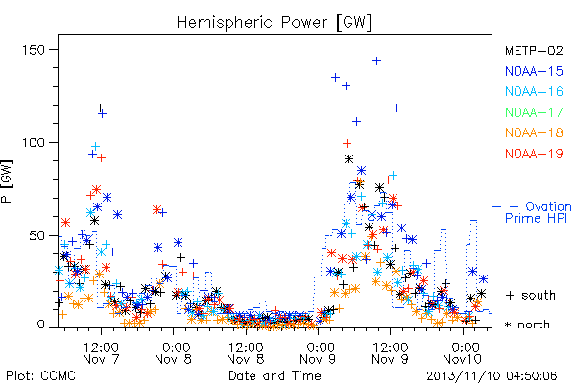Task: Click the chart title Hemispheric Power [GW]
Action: click(274, 22)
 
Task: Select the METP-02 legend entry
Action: click(534, 50)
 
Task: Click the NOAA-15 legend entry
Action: click(534, 71)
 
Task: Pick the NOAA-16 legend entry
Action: click(534, 91)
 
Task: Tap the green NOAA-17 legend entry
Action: click(534, 112)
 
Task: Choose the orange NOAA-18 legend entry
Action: click(534, 132)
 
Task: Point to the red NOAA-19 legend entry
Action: click(534, 154)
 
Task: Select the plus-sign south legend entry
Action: click(531, 295)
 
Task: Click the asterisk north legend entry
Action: click(527, 324)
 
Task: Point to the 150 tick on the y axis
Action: click(34, 50)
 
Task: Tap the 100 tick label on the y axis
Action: click(34, 143)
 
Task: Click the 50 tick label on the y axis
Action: click(37, 235)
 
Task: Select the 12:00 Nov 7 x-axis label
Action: click(101, 353)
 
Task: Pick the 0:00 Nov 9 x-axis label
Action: click(318, 353)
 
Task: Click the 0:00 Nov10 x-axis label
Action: click(462, 353)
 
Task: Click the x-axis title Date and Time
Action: click(275, 375)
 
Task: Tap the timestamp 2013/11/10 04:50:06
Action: click(492, 376)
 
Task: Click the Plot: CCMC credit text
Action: click(40, 376)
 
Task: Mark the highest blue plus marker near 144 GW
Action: click(376, 61)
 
